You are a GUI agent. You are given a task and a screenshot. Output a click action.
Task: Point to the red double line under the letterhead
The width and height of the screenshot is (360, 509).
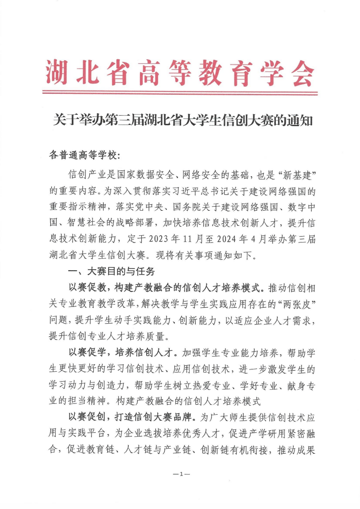click(180, 92)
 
